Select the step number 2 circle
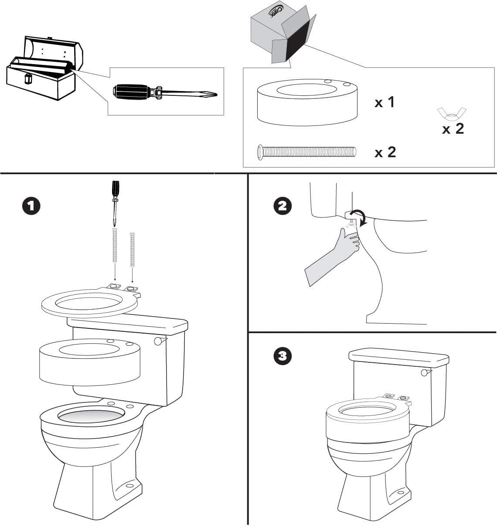[283, 206]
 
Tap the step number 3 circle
[283, 356]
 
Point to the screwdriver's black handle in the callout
[131, 91]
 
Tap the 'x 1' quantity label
[385, 102]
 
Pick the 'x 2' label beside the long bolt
[385, 152]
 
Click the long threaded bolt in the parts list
[306, 152]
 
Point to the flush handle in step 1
[158, 341]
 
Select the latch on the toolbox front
[29, 79]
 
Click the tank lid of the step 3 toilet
[398, 357]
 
